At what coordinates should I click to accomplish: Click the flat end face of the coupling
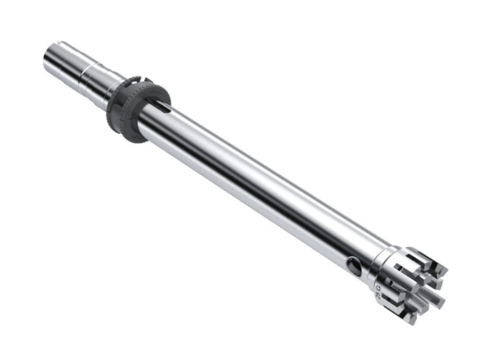pyautogui.click(x=52, y=54)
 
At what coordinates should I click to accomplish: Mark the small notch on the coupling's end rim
pyautogui.click(x=62, y=45)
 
